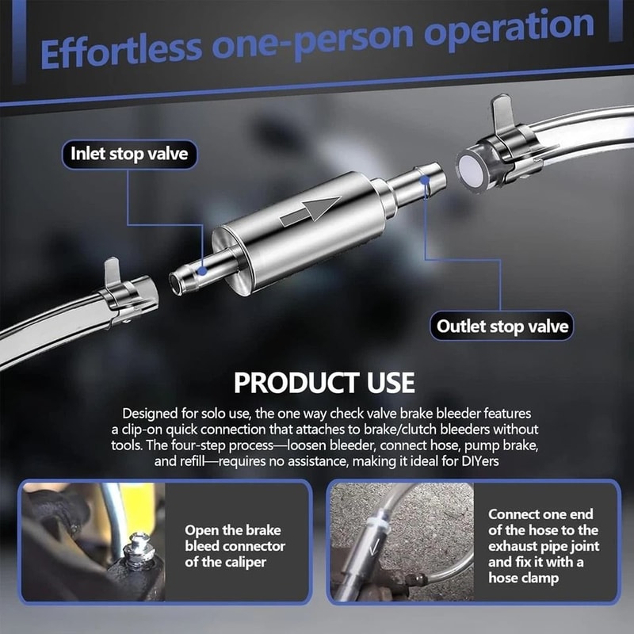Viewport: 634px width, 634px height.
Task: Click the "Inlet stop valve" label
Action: pos(129,154)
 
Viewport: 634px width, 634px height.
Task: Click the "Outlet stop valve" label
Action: pos(502,326)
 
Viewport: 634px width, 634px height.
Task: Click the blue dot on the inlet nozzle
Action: pos(202,270)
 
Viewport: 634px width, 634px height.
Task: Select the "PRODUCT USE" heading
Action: pos(324,383)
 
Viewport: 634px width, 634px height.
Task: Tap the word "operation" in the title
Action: pos(509,29)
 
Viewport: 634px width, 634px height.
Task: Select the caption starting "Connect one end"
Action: pos(544,545)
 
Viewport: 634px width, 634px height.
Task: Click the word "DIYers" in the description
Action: pos(480,461)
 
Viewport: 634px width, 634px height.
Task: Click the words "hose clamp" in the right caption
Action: pos(523,578)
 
